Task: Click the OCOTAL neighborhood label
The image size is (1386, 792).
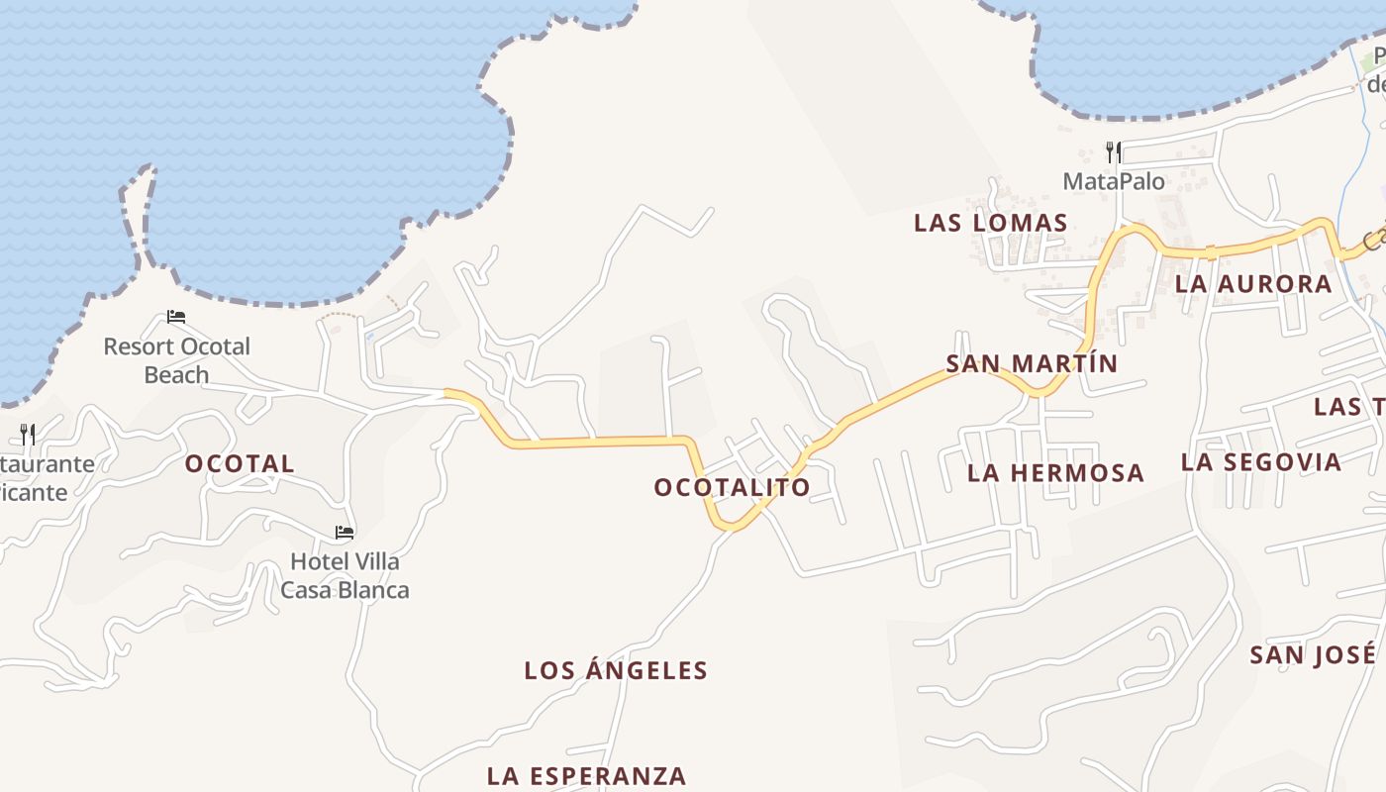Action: (240, 463)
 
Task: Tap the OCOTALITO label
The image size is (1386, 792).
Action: (732, 487)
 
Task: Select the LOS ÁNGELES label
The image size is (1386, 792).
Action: (616, 671)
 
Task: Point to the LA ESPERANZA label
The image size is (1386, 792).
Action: (586, 775)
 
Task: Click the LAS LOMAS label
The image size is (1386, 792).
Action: (990, 223)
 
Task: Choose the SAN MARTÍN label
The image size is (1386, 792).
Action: (1032, 363)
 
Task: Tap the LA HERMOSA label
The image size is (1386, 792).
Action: (1055, 473)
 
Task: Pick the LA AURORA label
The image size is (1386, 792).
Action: (1253, 284)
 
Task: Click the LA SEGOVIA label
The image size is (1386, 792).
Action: (1261, 462)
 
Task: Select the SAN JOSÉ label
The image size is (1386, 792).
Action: (1313, 654)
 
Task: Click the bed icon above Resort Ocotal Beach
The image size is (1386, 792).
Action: (176, 317)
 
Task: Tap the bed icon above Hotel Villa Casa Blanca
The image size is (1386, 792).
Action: (344, 532)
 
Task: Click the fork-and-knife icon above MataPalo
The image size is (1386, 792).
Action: (1114, 152)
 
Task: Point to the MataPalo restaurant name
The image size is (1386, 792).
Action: (1114, 182)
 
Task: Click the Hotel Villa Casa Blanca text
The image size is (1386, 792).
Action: (345, 576)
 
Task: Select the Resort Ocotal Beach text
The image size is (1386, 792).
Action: (177, 360)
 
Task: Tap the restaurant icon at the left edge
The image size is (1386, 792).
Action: (28, 434)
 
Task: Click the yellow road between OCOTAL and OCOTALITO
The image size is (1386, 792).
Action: (594, 443)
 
